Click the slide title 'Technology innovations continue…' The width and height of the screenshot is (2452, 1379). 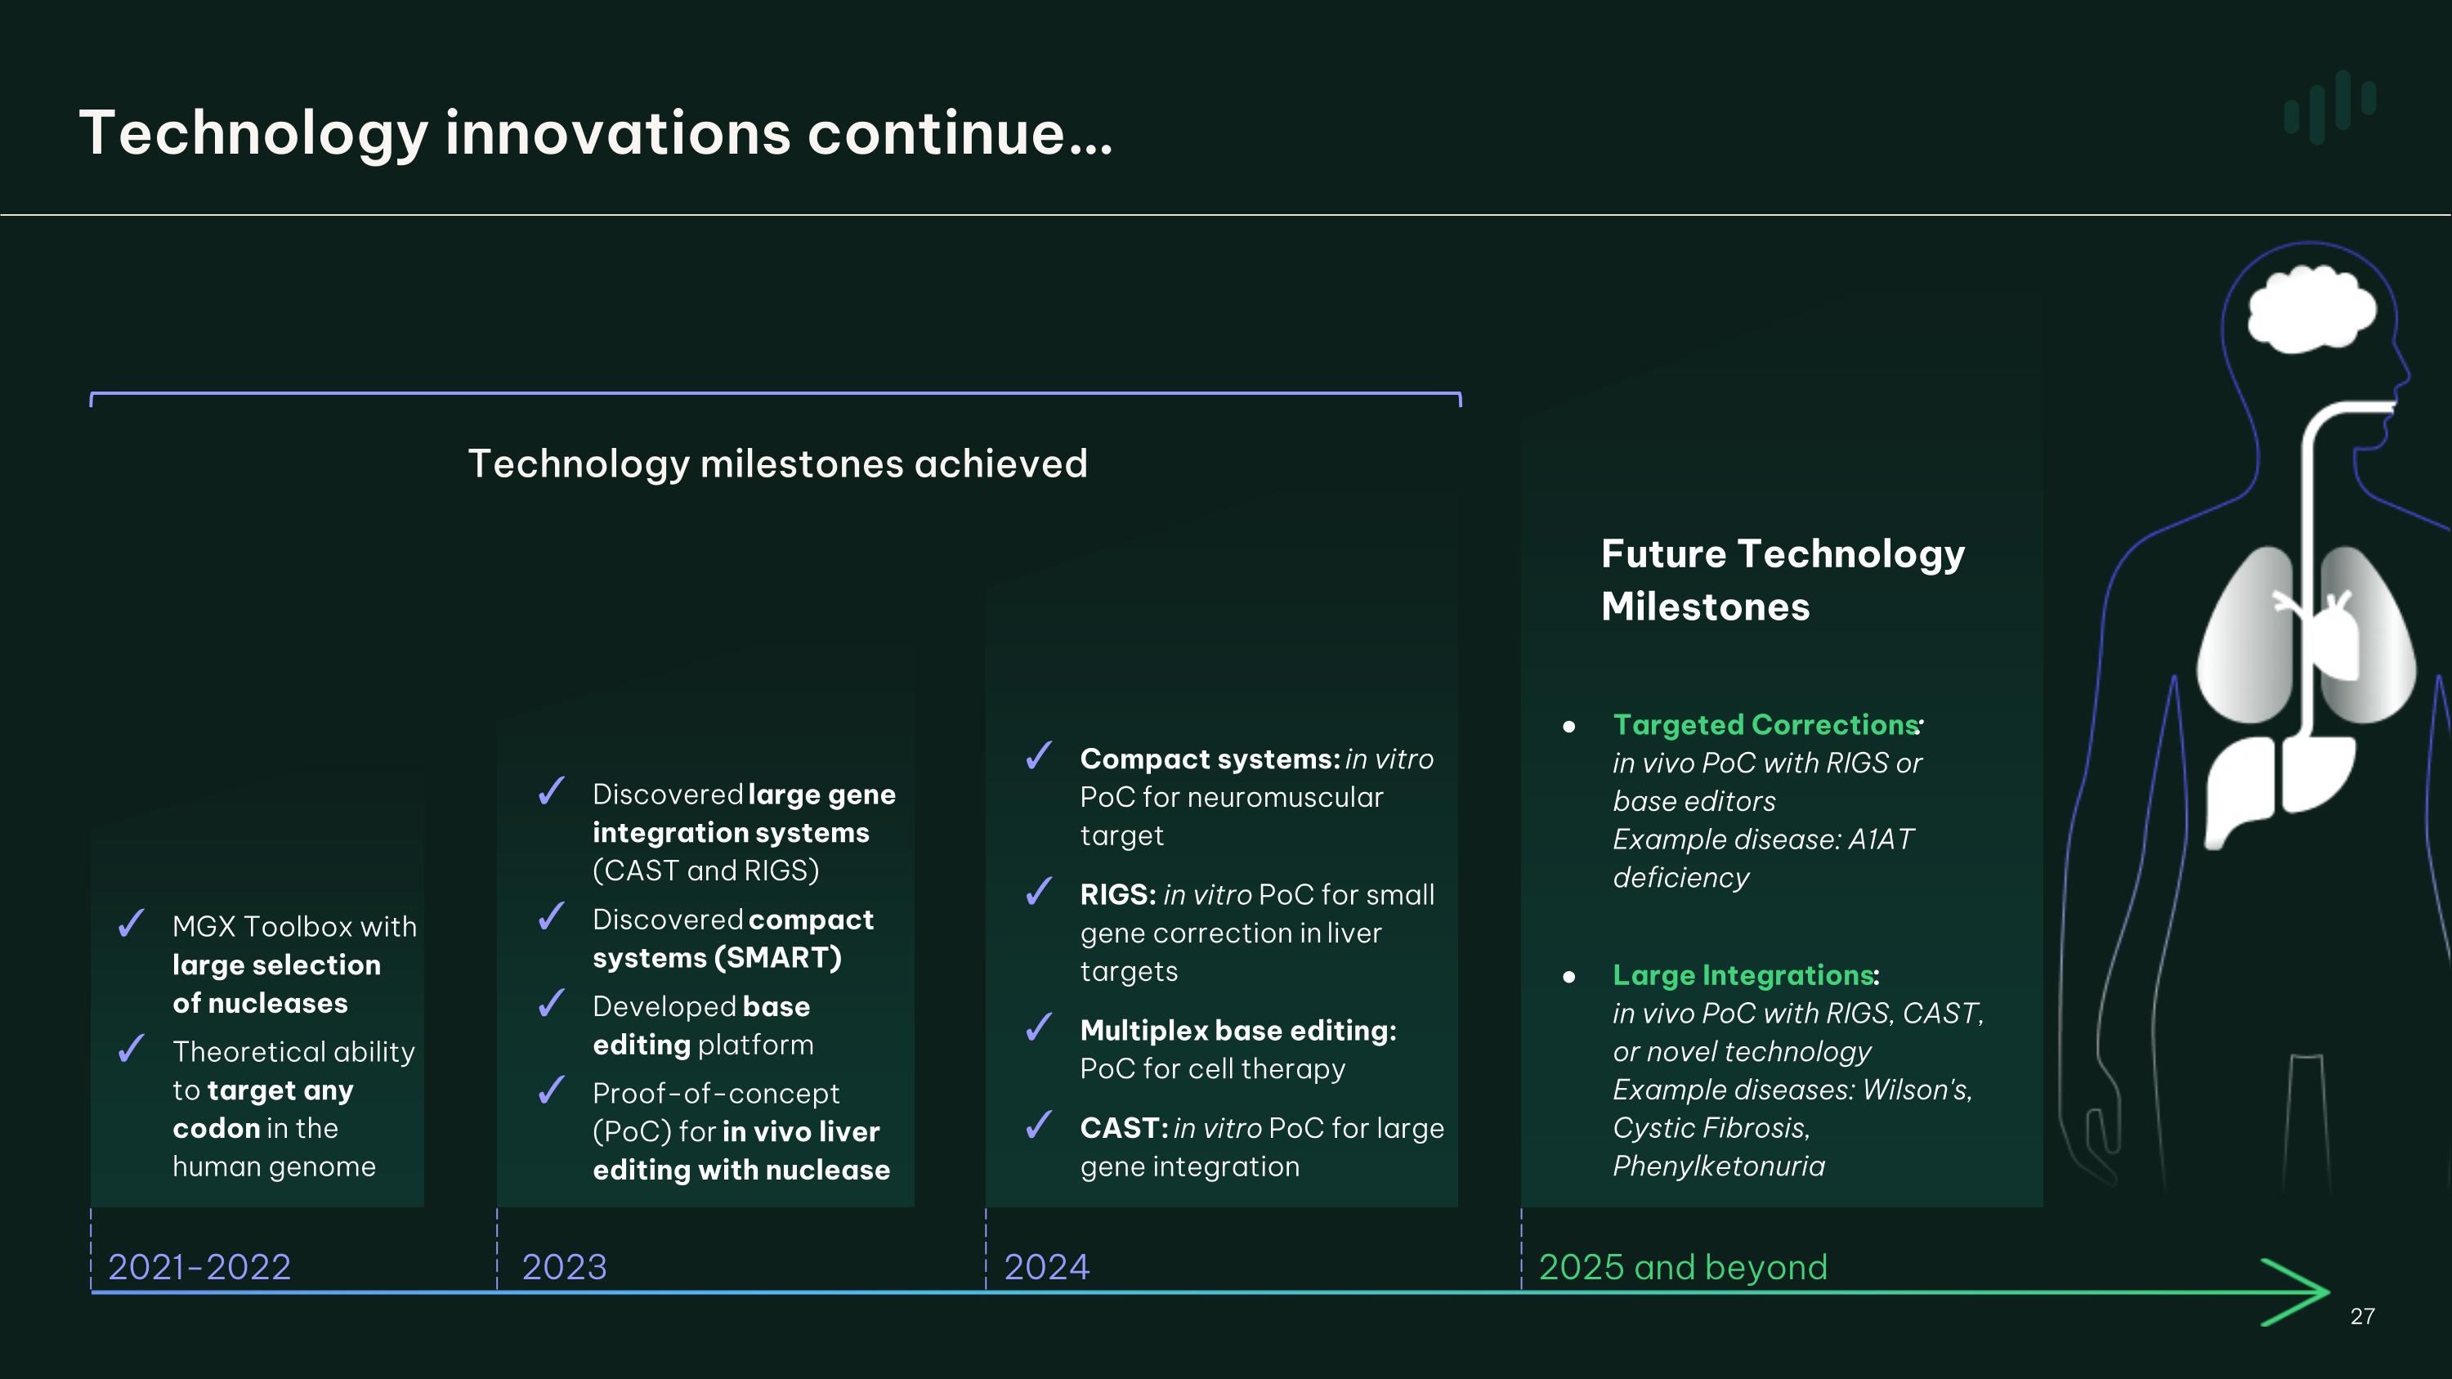(x=596, y=133)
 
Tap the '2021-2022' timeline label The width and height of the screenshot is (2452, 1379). (x=199, y=1267)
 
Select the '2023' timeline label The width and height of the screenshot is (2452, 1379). (x=563, y=1267)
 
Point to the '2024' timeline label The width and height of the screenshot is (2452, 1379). (x=1046, y=1267)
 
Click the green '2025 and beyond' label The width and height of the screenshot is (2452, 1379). (x=1683, y=1267)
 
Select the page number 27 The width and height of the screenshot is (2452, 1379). (x=2363, y=1316)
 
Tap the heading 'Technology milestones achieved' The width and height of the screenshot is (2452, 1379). (x=777, y=464)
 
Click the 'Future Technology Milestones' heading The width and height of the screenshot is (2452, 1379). (x=1783, y=580)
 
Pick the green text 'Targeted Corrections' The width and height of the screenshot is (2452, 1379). (x=1765, y=725)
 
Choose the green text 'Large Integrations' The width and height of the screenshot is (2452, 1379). (x=1743, y=975)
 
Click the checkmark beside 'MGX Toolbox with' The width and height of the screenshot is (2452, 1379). (x=132, y=923)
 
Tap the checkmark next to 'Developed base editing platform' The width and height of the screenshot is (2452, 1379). (x=552, y=1003)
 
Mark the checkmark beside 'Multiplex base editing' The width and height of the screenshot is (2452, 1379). (x=1040, y=1027)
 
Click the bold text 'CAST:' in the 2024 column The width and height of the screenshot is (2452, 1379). (x=1124, y=1128)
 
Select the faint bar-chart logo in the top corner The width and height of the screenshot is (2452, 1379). (x=2330, y=106)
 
